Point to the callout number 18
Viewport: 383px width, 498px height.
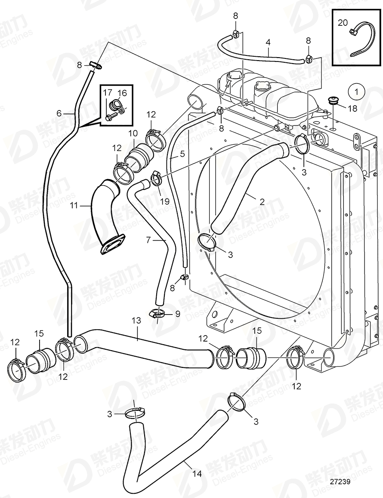[x=352, y=109]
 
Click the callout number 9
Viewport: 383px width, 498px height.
[x=176, y=314]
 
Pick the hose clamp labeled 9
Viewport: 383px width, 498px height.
[x=158, y=315]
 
